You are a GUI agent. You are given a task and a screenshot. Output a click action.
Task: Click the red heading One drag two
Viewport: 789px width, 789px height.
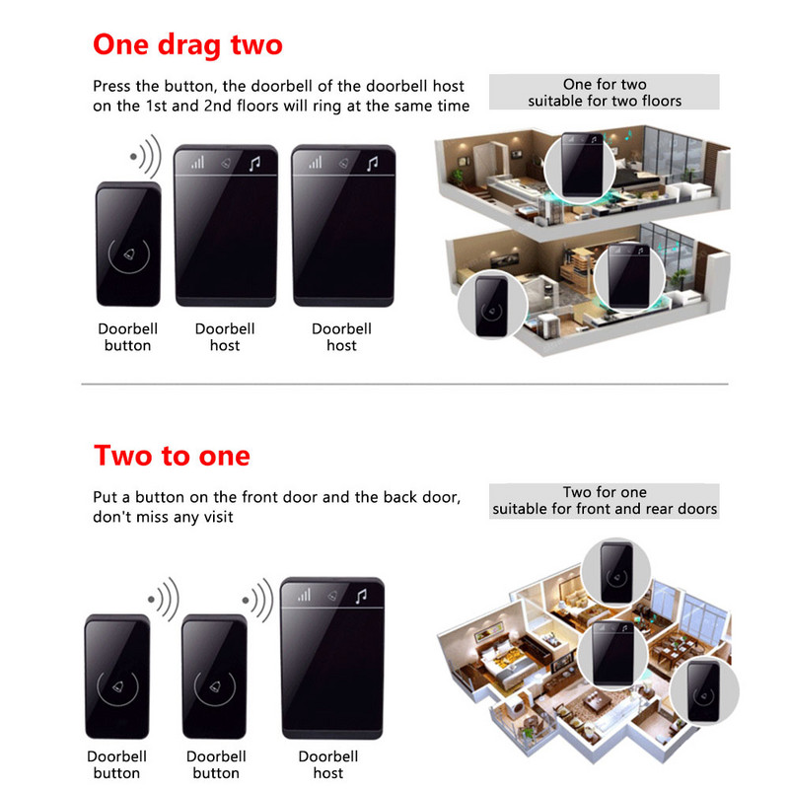[x=187, y=45]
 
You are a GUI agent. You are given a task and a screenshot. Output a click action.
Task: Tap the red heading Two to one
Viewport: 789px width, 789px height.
[x=172, y=456]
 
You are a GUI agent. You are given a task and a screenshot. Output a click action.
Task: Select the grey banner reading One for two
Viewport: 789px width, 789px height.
[x=604, y=92]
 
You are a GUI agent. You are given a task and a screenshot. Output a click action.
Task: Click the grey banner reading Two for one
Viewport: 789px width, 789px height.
[x=604, y=501]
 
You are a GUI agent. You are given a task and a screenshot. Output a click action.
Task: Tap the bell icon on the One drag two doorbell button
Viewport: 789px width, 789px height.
[x=129, y=254]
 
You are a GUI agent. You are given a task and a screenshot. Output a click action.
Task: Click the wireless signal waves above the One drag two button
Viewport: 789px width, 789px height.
[x=146, y=156]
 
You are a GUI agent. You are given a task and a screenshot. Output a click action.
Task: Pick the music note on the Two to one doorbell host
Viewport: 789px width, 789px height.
[x=361, y=597]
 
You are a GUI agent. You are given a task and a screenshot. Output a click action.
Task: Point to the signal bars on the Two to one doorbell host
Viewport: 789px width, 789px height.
[x=304, y=596]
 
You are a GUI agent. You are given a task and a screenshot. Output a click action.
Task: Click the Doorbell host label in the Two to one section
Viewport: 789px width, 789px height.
[x=328, y=764]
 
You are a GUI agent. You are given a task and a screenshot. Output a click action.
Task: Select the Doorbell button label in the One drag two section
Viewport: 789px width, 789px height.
[x=128, y=337]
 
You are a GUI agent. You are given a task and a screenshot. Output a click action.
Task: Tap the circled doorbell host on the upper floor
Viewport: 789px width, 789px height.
[x=581, y=166]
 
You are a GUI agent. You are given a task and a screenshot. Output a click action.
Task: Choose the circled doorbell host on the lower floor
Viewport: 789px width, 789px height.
[x=629, y=277]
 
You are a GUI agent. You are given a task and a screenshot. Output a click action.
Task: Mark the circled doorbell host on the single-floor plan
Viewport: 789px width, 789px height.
[x=612, y=654]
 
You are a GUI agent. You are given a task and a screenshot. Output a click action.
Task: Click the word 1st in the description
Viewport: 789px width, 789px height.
[x=156, y=107]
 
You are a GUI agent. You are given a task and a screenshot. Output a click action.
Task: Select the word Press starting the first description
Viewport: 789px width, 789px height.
[x=111, y=86]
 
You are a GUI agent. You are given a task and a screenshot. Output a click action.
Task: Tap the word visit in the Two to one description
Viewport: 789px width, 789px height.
[x=217, y=517]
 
